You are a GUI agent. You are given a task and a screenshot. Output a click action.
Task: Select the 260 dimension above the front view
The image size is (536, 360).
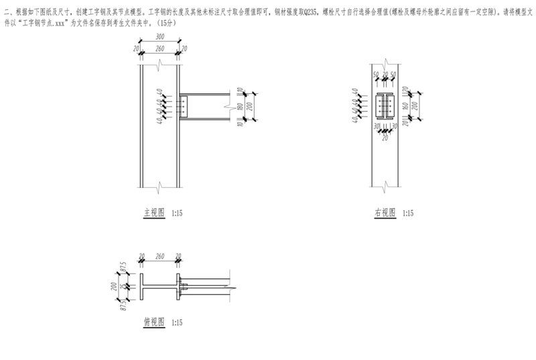tap(159, 49)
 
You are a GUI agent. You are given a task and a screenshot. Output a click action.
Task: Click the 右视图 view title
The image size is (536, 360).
tap(385, 213)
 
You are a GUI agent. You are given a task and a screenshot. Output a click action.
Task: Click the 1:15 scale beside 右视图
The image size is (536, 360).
tap(407, 213)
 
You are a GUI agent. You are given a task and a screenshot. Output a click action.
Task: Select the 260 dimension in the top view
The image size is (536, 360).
tap(159, 256)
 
